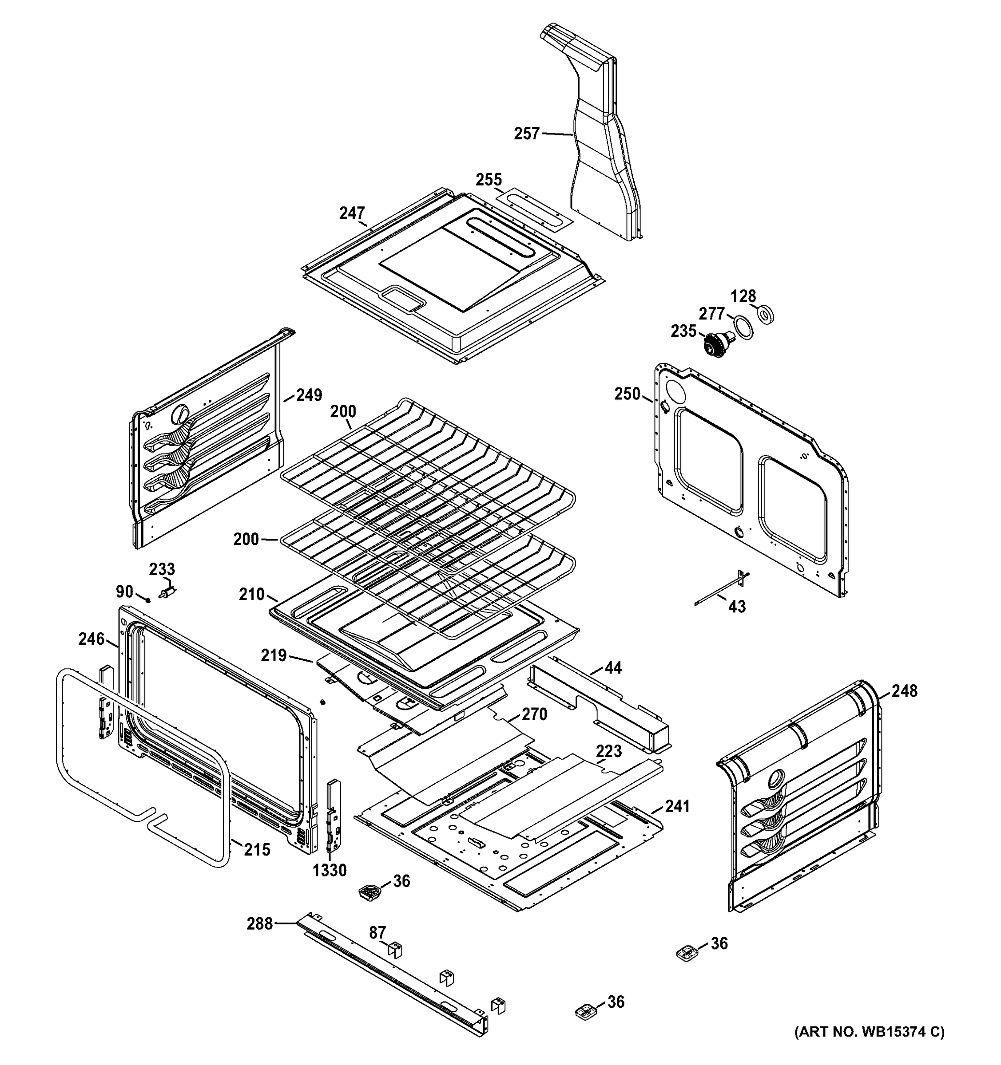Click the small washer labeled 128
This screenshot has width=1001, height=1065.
[765, 315]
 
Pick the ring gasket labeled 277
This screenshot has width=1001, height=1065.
[743, 327]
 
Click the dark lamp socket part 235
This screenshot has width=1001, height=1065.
[714, 343]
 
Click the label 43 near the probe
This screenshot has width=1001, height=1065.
[737, 607]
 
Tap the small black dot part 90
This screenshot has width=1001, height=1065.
[147, 600]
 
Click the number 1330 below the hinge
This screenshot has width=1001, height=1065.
[330, 871]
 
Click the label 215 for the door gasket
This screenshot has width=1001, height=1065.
[257, 850]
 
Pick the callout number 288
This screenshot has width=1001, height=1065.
[259, 923]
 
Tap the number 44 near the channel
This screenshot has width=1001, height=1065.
[613, 667]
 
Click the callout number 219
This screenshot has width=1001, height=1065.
[274, 655]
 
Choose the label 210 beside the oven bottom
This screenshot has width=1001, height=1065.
[251, 594]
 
